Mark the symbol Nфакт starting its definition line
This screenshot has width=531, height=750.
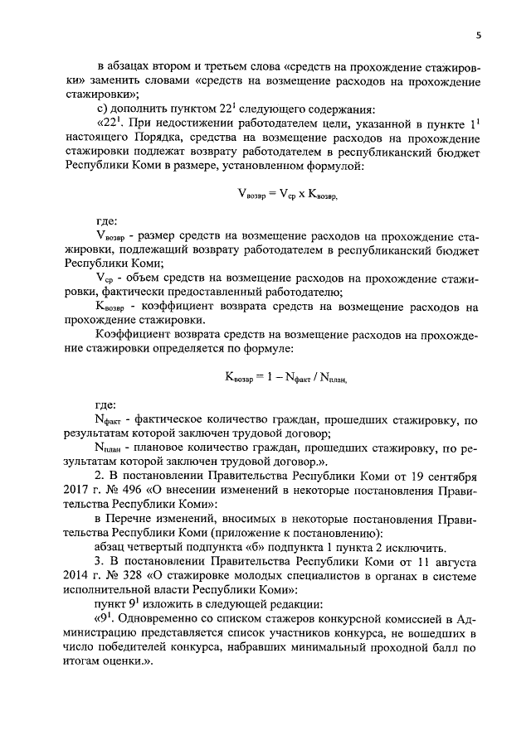pos(108,421)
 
